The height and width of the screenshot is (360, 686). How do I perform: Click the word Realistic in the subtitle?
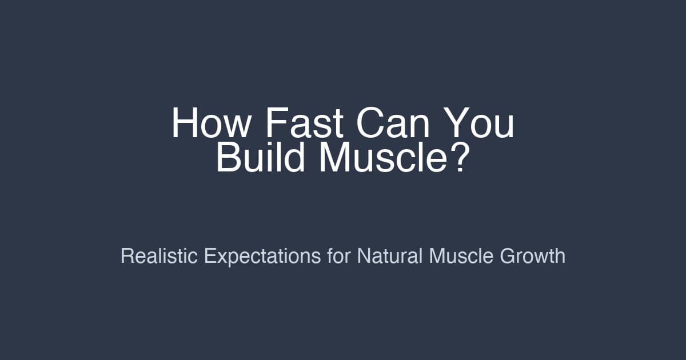click(159, 255)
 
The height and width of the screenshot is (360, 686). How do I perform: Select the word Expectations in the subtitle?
click(262, 255)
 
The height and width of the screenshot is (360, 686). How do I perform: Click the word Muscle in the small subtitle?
click(461, 255)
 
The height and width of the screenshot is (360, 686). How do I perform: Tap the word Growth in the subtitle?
click(533, 255)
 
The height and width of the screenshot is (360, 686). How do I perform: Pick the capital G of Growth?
click(508, 255)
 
